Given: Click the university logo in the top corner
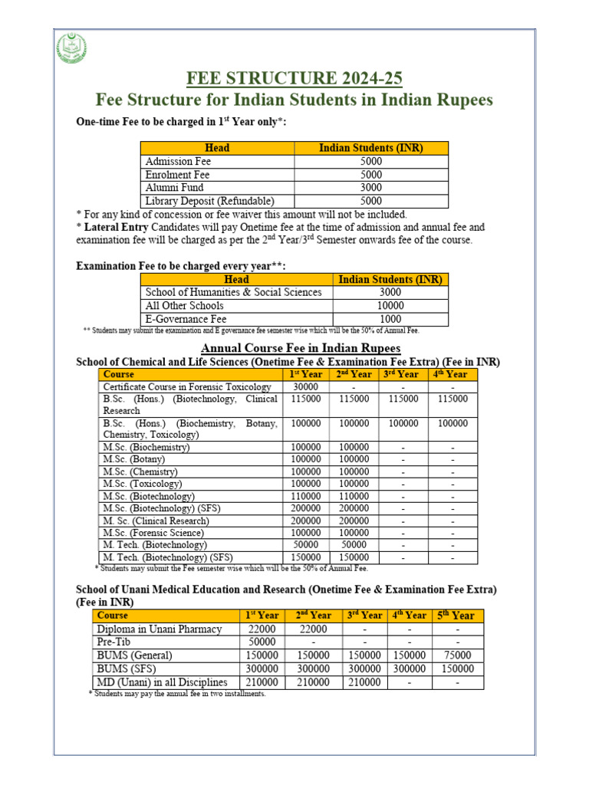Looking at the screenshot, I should click(72, 51).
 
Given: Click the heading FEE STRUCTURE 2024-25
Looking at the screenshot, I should click(294, 79).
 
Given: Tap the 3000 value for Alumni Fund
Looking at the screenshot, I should click(371, 188).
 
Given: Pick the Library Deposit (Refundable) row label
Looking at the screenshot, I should click(198, 201).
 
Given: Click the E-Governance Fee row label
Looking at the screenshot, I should click(186, 319).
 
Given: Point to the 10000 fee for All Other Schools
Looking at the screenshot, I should click(391, 306).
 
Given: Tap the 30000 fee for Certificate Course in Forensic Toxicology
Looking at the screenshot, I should click(306, 387).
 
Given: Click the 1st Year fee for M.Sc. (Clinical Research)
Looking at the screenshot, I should click(306, 520).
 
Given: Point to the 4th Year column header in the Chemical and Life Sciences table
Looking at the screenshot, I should click(452, 374).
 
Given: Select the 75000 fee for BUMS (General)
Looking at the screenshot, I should click(457, 655).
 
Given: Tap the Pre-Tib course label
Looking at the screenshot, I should click(113, 642).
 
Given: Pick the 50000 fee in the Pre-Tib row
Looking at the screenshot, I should click(262, 642).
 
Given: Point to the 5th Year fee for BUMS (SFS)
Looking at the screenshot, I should click(457, 668).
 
